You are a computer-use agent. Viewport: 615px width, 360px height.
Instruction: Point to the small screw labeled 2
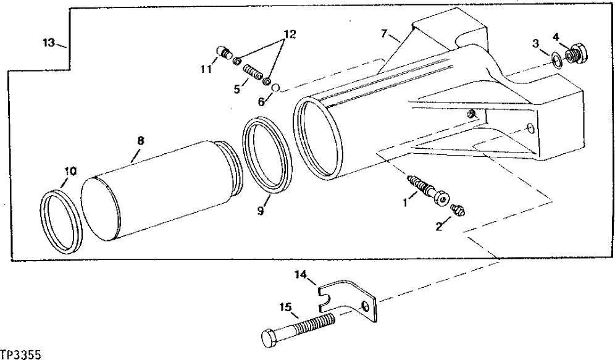tap(458, 210)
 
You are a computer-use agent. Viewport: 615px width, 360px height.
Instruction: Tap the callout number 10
tap(70, 171)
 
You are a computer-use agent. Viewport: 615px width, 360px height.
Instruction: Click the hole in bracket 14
tap(367, 307)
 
